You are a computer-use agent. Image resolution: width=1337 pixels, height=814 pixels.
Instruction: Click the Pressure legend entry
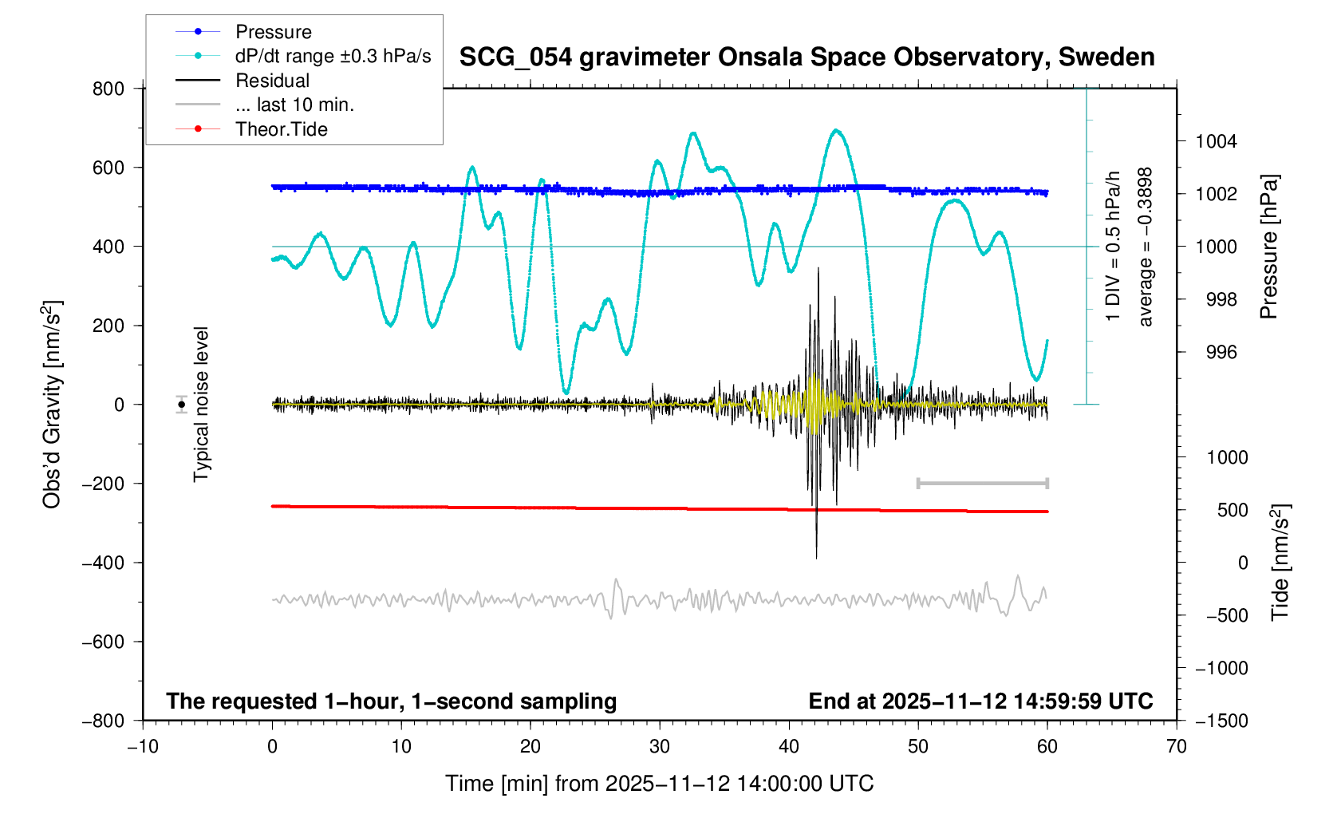(x=273, y=32)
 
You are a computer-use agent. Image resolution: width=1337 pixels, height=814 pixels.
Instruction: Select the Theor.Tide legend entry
(x=281, y=129)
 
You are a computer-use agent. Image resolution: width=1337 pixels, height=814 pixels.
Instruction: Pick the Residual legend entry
(x=272, y=81)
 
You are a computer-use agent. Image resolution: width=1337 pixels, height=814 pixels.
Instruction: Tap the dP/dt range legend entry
(x=333, y=57)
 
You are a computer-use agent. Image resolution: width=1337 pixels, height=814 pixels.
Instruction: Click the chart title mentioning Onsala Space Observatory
(x=807, y=57)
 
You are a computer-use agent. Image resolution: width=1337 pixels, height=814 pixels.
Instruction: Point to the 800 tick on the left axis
(x=108, y=89)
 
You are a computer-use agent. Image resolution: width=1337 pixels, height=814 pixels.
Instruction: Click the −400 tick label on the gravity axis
(x=104, y=563)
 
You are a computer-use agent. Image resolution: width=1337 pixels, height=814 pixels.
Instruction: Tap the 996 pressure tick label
(x=1216, y=352)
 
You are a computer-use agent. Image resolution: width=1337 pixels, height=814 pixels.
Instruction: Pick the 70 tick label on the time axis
(x=1176, y=747)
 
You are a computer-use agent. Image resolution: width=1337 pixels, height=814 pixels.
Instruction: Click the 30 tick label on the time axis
(x=660, y=747)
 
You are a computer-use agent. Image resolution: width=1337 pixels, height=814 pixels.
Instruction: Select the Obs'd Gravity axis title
(x=53, y=405)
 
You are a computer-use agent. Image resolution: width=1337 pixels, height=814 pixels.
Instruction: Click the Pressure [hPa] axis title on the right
(x=1268, y=247)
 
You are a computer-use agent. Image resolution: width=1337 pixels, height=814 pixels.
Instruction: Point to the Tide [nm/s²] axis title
(x=1280, y=563)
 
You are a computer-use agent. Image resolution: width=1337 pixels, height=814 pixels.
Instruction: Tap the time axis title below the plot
(x=659, y=784)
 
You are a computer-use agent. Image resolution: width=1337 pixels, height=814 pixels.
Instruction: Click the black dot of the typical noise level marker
(x=182, y=405)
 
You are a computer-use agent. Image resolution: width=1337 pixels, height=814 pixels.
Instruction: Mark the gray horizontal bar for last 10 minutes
(x=983, y=483)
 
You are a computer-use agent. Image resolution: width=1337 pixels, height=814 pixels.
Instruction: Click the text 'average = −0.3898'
(x=1146, y=247)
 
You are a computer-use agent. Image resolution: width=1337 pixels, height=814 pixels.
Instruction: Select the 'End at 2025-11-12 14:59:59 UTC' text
(x=980, y=701)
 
